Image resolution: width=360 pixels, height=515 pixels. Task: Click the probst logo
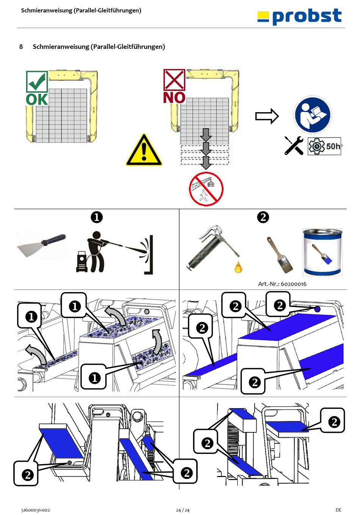coord(299,17)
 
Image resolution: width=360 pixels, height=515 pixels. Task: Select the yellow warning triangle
coord(144,151)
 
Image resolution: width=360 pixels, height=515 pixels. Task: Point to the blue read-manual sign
coord(312,115)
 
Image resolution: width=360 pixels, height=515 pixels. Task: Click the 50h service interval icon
coord(324,146)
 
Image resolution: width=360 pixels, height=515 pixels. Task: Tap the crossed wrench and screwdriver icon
coord(294,146)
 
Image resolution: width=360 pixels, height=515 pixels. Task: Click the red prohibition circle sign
coord(206,189)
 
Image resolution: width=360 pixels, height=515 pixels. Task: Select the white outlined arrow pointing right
coord(267,116)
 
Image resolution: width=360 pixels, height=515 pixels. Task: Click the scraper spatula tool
coord(42,245)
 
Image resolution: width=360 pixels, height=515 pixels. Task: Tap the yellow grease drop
coord(238,267)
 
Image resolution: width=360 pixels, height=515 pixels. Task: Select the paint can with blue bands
coord(322,252)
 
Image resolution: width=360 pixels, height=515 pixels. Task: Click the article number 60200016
coord(282,284)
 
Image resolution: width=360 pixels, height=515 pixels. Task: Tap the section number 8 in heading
coord(21,47)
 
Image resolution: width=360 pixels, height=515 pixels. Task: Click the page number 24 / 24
coord(182,510)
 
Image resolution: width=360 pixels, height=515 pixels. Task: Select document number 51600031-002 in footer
coord(36,510)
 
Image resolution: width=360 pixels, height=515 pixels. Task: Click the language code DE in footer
coord(338,510)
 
